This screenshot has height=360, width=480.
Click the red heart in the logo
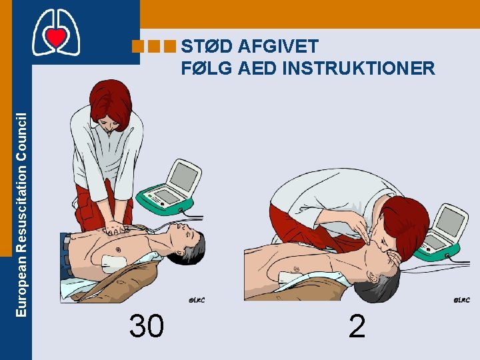(x=56, y=36)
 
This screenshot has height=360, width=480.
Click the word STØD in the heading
(x=207, y=46)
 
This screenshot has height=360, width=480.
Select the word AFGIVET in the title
(x=278, y=46)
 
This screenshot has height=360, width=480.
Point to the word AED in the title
(x=257, y=68)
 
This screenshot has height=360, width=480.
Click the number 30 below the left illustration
(x=147, y=326)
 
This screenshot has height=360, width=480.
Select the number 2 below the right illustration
(x=357, y=326)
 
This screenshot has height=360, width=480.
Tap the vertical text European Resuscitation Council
(x=21, y=215)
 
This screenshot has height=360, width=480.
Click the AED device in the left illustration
(x=169, y=187)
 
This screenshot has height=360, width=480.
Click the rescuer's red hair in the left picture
(x=111, y=103)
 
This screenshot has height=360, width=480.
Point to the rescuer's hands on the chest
(x=114, y=228)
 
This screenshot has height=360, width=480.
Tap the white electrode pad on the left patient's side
(x=113, y=264)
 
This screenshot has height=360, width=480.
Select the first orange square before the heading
(x=138, y=46)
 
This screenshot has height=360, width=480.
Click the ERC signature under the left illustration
(x=197, y=300)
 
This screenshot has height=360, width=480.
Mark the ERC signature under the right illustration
(x=461, y=300)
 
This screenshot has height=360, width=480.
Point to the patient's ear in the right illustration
(x=373, y=277)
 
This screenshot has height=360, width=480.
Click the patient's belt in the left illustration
(x=66, y=254)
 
